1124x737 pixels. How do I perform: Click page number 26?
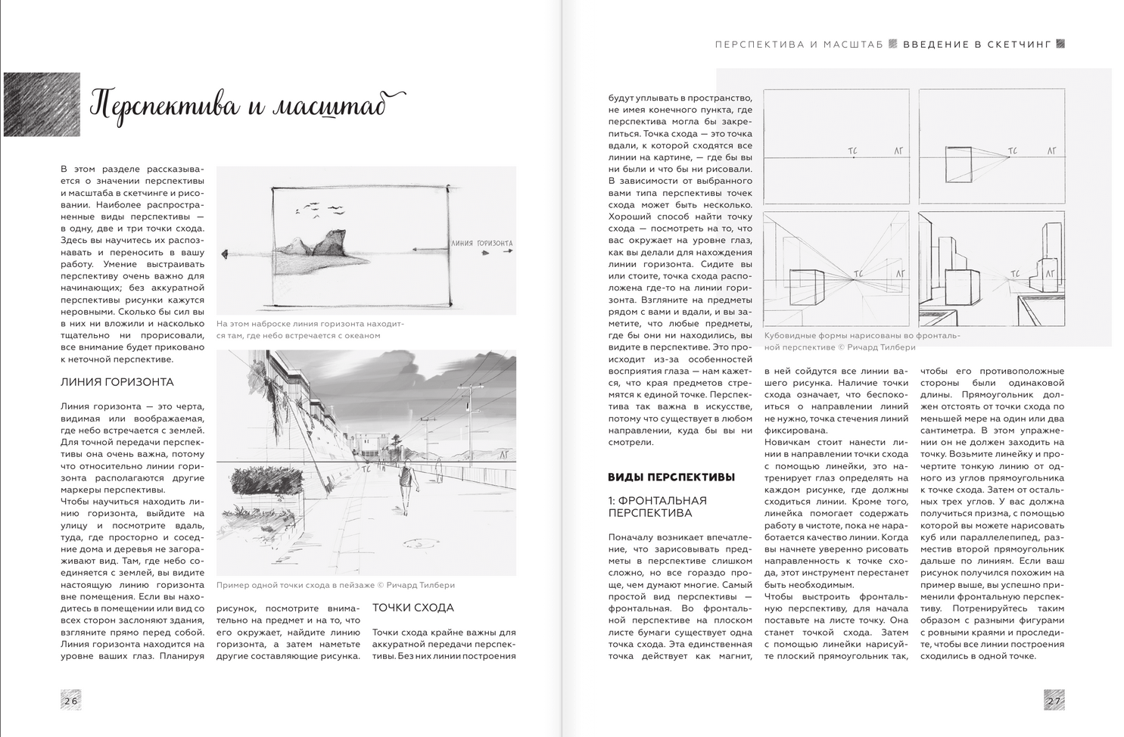70,701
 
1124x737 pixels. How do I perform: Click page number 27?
1054,701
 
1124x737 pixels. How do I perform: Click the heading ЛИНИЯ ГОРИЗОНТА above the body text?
117,382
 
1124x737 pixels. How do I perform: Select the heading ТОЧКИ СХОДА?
413,608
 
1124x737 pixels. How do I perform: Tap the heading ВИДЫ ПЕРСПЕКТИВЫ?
671,477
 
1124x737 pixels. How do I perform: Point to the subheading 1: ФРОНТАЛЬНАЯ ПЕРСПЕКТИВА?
658,506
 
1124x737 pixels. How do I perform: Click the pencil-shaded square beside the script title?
42,104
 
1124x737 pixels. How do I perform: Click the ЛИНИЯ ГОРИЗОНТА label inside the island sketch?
481,244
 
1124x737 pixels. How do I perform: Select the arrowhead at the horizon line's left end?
225,254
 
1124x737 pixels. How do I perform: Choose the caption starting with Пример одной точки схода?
335,585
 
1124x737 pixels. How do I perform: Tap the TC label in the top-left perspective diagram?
852,151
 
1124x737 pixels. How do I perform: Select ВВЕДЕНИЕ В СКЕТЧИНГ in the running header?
977,45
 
